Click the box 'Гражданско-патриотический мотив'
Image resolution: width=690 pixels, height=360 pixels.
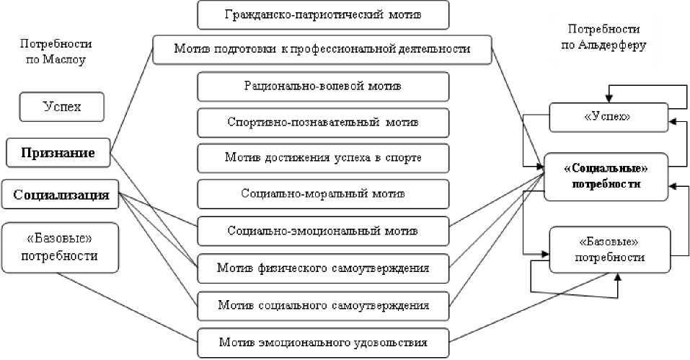[323, 14]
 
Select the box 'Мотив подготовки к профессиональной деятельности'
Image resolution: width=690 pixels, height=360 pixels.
[322, 49]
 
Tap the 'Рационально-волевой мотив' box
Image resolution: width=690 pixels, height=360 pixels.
[323, 86]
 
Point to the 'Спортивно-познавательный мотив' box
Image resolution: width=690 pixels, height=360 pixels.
[323, 122]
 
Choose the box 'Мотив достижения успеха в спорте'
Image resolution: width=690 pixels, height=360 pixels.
[323, 157]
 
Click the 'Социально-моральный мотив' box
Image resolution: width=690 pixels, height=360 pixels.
[323, 193]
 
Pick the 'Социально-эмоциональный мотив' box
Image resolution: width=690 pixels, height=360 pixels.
[323, 231]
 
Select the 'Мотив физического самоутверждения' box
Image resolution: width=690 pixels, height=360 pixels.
[323, 268]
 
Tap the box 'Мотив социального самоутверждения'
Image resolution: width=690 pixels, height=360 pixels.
[323, 305]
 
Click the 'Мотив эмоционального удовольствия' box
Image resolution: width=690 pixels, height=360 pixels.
[323, 342]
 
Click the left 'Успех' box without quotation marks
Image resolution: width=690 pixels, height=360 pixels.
[61, 107]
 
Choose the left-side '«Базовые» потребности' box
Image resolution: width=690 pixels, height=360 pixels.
[60, 247]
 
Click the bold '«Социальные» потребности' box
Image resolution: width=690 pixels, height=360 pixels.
[605, 177]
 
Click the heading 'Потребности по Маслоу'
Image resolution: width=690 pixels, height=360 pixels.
[51, 52]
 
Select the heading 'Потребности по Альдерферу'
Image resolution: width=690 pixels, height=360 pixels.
[603, 37]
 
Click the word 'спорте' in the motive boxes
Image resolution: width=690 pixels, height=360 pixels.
[405, 157]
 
